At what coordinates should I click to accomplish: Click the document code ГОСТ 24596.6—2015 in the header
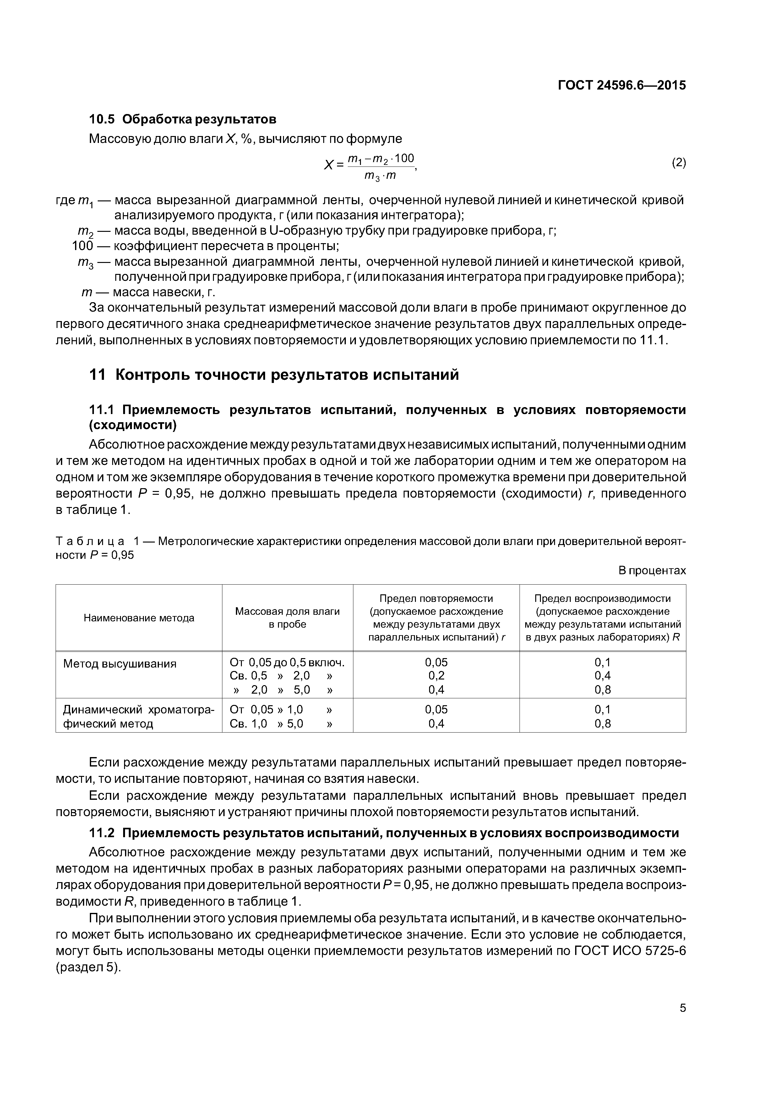(622, 85)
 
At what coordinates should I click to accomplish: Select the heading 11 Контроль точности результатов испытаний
(274, 374)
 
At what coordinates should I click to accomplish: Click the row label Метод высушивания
(119, 664)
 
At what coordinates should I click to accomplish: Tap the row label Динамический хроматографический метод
(139, 717)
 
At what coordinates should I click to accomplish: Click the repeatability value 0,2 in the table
(436, 676)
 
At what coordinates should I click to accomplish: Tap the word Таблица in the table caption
(90, 541)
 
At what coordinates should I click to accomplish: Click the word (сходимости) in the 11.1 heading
(133, 425)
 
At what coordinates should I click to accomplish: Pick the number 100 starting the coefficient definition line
(82, 246)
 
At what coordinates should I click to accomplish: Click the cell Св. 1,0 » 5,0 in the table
(267, 724)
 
